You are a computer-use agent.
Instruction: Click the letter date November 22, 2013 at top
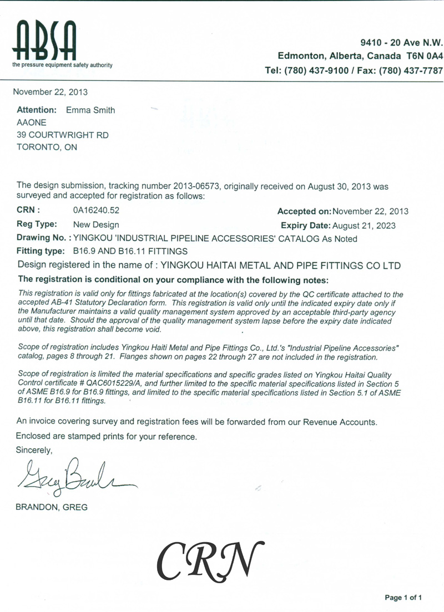tap(50, 92)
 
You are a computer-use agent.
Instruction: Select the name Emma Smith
tap(90, 110)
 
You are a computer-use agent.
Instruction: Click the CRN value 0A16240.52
tap(97, 211)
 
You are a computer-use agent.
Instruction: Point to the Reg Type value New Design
tap(96, 225)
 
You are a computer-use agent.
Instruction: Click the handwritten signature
tap(72, 477)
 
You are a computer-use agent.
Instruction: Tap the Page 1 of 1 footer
tap(403, 598)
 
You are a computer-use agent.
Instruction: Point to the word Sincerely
tap(34, 450)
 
